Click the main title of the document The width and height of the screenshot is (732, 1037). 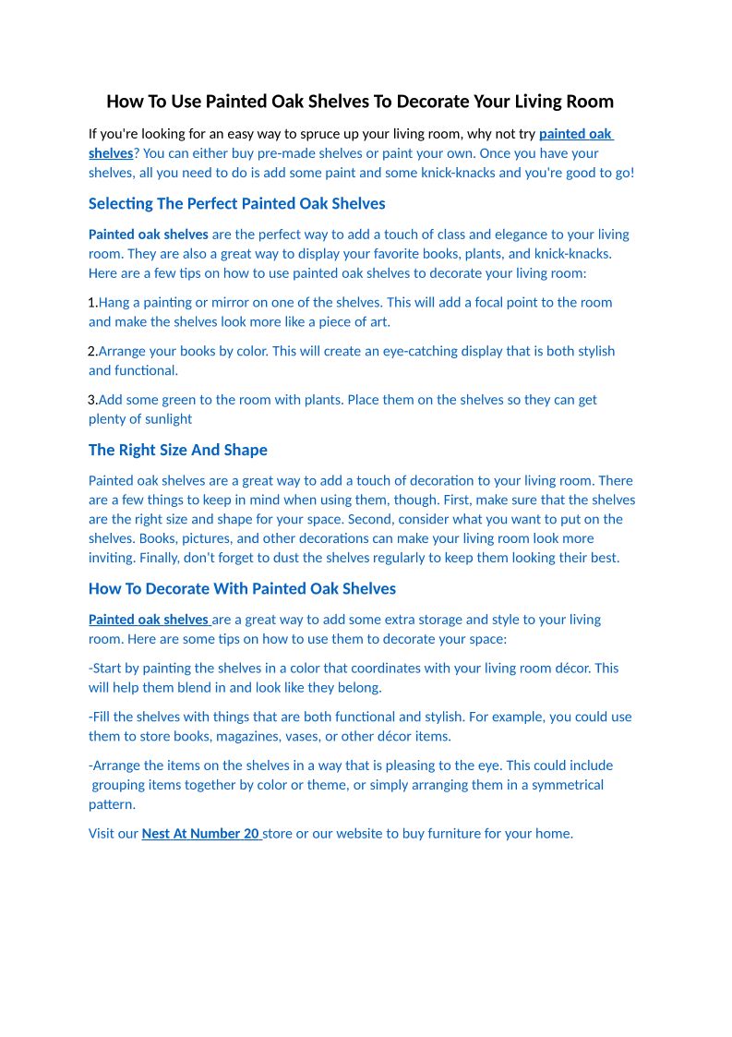pyautogui.click(x=360, y=102)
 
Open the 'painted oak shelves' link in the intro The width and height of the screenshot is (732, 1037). pyautogui.click(x=575, y=134)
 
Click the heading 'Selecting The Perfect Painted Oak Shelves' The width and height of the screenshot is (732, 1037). pyautogui.click(x=236, y=204)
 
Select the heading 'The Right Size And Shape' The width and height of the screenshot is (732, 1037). pyautogui.click(x=177, y=451)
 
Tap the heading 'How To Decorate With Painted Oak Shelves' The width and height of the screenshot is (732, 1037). pyautogui.click(x=242, y=589)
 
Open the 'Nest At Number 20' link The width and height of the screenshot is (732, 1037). pyautogui.click(x=200, y=834)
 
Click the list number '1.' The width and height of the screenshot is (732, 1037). pyautogui.click(x=92, y=303)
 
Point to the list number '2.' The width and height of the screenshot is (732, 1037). pyautogui.click(x=92, y=352)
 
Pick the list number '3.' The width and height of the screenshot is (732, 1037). pyautogui.click(x=92, y=400)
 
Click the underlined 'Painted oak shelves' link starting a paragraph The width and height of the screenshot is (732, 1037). pyautogui.click(x=148, y=620)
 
